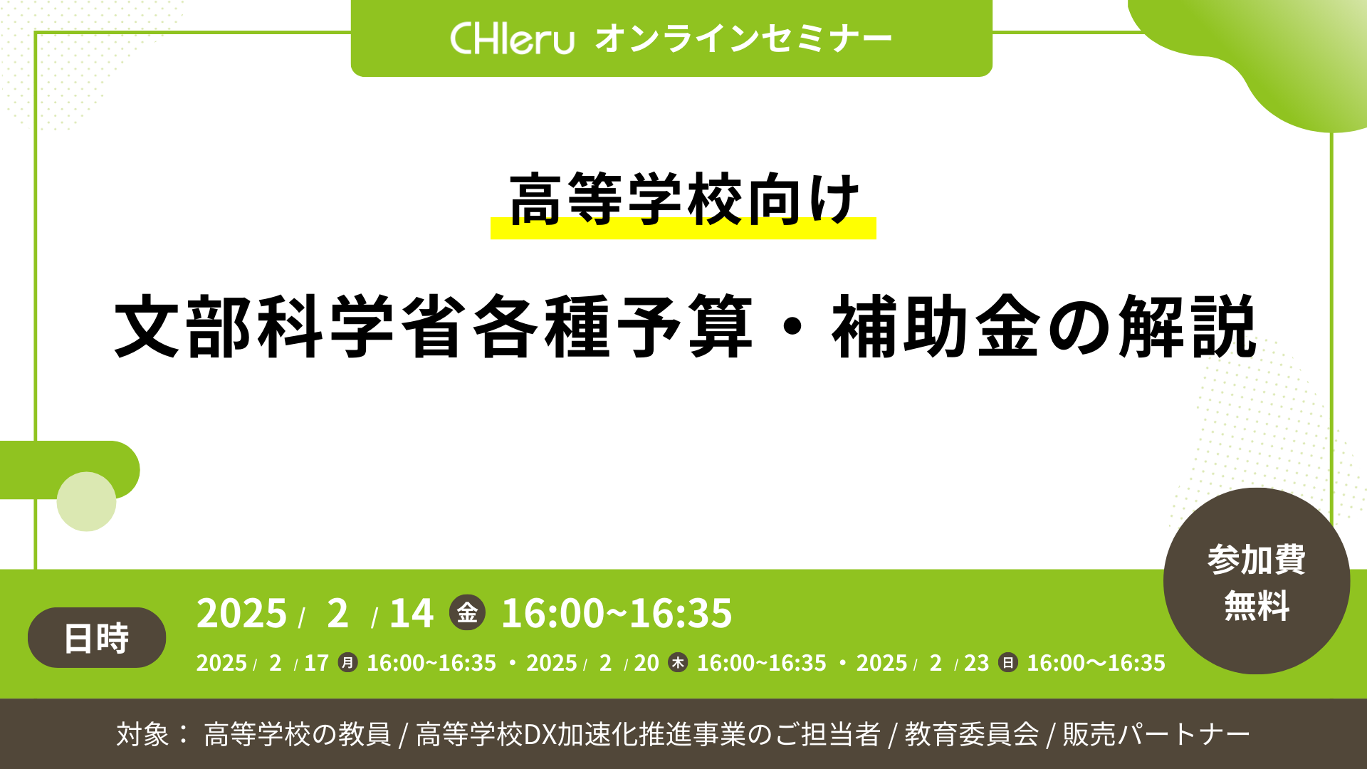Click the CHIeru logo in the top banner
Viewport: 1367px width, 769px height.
click(x=512, y=38)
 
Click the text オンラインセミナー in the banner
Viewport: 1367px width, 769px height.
click(x=743, y=39)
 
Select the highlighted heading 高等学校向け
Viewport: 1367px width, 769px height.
click(x=684, y=200)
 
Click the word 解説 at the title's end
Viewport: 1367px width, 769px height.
click(x=1188, y=327)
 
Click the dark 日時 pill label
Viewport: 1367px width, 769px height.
click(x=97, y=637)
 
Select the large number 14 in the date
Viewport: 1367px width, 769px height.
click(x=412, y=613)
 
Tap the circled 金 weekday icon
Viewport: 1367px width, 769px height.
click(x=467, y=612)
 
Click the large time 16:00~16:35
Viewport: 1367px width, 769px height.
click(x=617, y=613)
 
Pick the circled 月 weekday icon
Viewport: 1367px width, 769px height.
click(x=347, y=663)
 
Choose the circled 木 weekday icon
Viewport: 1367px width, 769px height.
click(x=678, y=663)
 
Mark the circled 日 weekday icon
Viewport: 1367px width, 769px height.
click(x=1008, y=663)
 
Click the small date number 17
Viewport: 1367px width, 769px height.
click(x=316, y=663)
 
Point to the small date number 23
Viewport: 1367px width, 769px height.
click(x=977, y=663)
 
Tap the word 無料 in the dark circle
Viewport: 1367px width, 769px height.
click(x=1257, y=606)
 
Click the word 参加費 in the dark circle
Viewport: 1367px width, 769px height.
click(x=1257, y=559)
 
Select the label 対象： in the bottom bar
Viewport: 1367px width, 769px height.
click(x=153, y=734)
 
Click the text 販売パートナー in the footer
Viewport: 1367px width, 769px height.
click(x=1156, y=734)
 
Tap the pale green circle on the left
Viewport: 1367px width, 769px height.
click(x=86, y=501)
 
